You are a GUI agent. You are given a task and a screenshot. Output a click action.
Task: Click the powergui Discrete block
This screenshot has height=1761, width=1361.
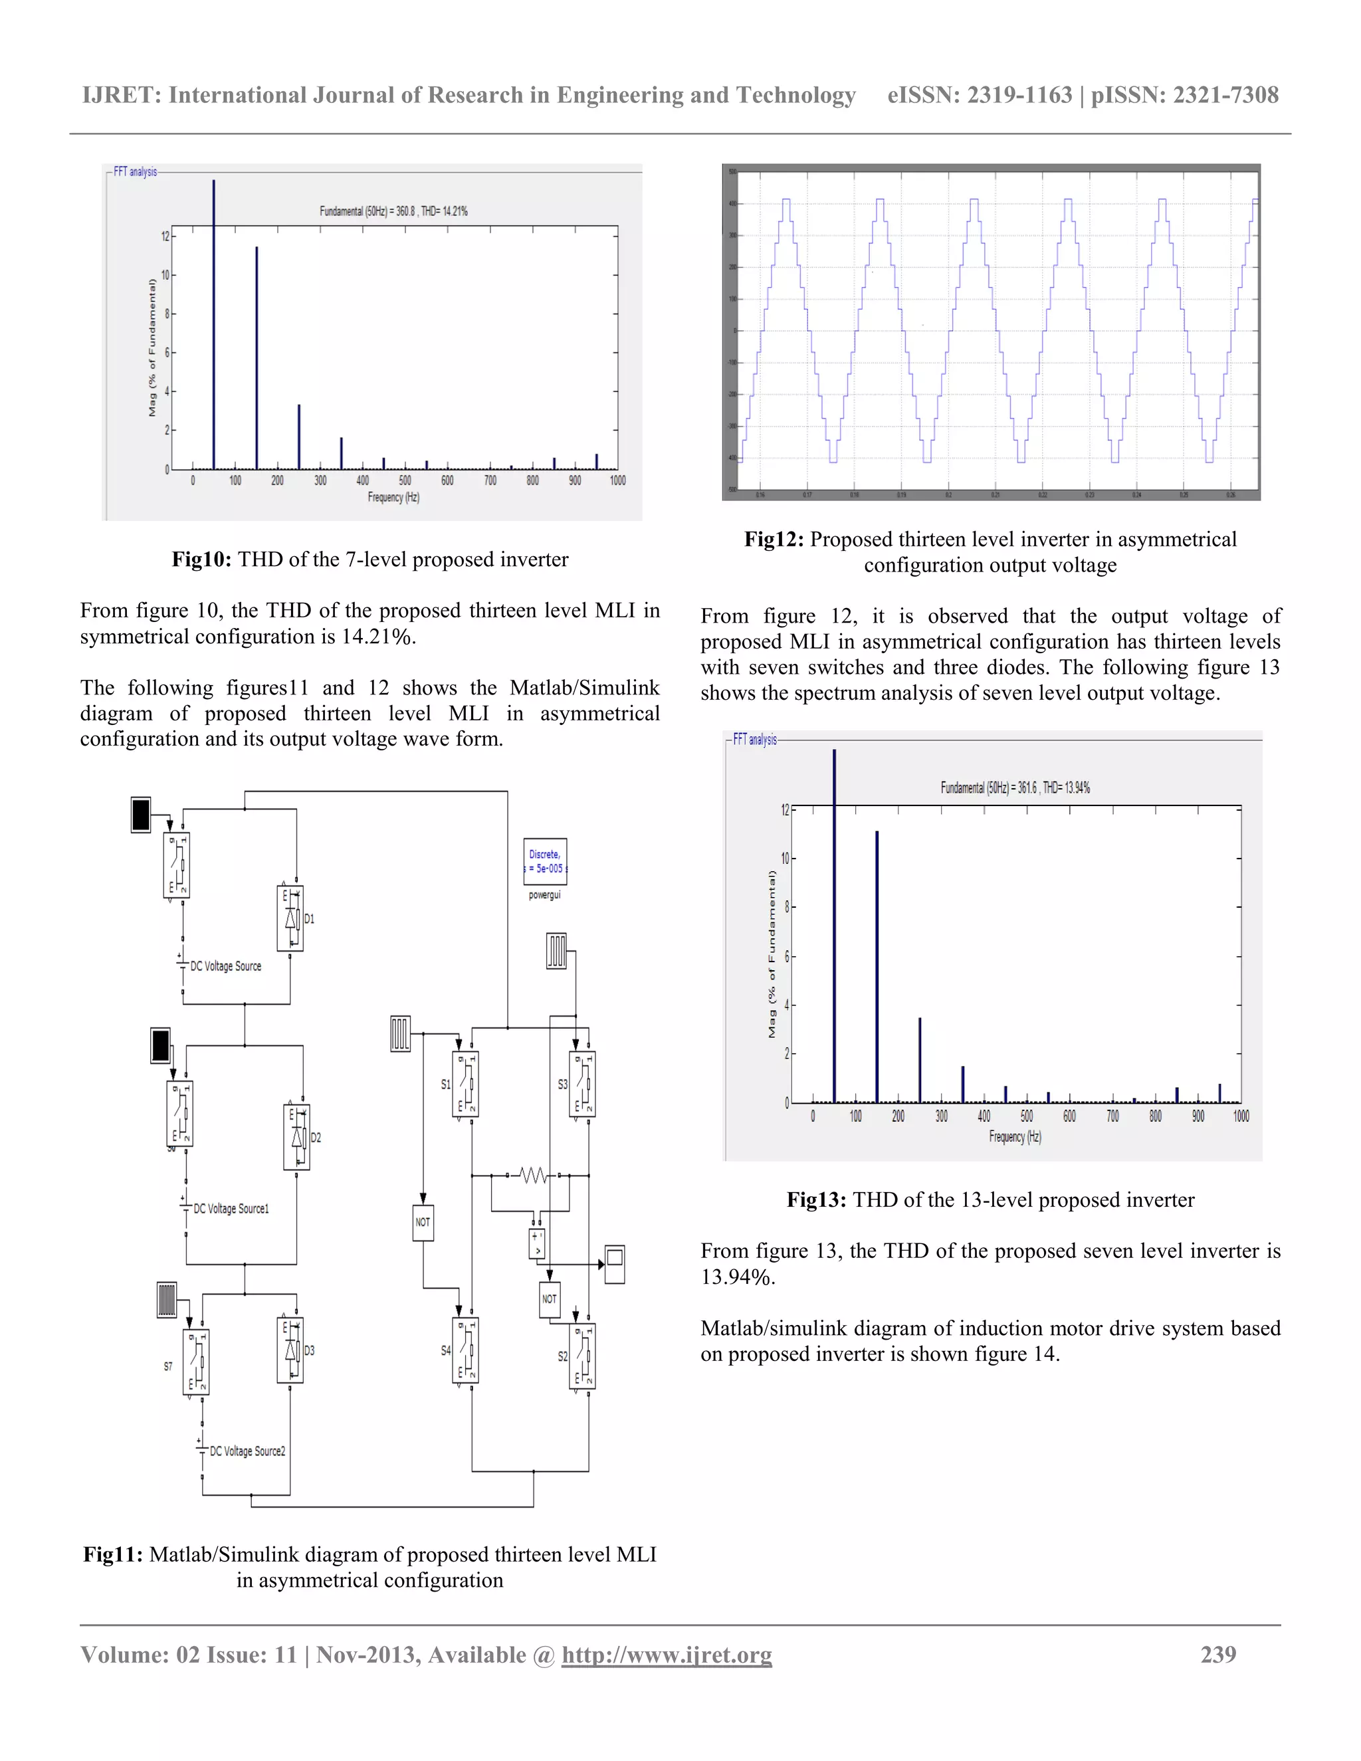[x=545, y=861]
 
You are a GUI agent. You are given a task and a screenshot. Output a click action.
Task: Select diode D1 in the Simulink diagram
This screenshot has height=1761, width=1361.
[x=290, y=918]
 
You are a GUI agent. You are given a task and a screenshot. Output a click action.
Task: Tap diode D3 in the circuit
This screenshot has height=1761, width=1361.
[x=290, y=1350]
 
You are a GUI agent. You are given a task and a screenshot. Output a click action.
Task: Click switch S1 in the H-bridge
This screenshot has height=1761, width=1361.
[x=465, y=1085]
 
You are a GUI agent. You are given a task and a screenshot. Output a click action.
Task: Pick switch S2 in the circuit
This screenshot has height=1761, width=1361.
[x=582, y=1356]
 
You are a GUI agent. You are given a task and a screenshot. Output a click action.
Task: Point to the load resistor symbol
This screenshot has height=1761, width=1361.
[x=533, y=1175]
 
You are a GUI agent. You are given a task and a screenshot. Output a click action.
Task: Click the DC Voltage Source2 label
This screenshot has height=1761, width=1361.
[x=247, y=1451]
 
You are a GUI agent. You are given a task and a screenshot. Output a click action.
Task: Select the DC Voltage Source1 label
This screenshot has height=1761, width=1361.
[x=231, y=1208]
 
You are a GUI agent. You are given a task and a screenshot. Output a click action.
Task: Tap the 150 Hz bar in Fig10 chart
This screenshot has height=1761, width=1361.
[x=257, y=358]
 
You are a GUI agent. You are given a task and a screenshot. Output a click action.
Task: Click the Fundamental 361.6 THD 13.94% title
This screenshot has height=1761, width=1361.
[x=1015, y=787]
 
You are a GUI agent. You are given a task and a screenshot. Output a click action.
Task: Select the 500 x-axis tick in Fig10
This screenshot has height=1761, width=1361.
[x=405, y=480]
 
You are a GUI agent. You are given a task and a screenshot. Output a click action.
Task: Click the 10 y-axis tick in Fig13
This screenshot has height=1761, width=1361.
[x=785, y=858]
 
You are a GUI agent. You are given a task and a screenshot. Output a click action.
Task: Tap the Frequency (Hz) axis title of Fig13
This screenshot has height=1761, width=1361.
[x=1015, y=1136]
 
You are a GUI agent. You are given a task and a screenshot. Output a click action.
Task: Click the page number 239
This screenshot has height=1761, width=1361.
[x=1217, y=1654]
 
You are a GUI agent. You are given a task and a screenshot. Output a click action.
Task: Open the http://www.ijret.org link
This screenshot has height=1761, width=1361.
[x=667, y=1655]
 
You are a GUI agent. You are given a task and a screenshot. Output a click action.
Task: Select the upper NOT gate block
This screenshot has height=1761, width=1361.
[x=423, y=1221]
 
